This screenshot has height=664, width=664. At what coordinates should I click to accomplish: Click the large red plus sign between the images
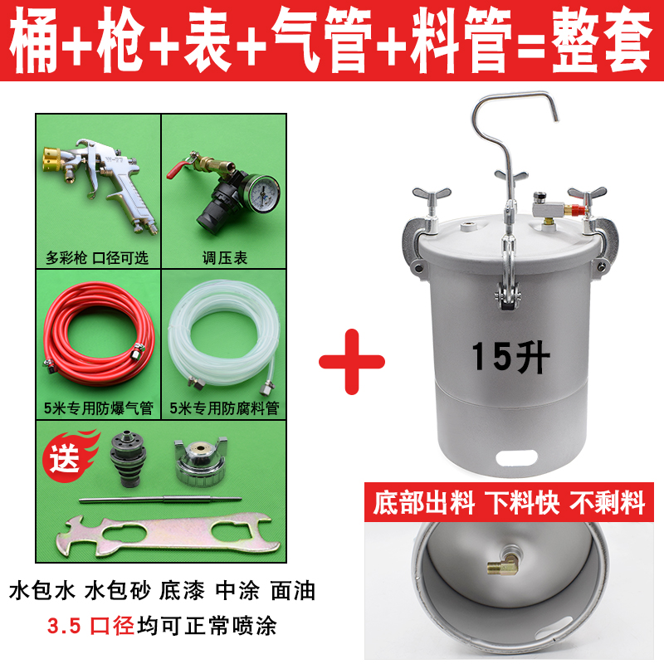click(352, 362)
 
